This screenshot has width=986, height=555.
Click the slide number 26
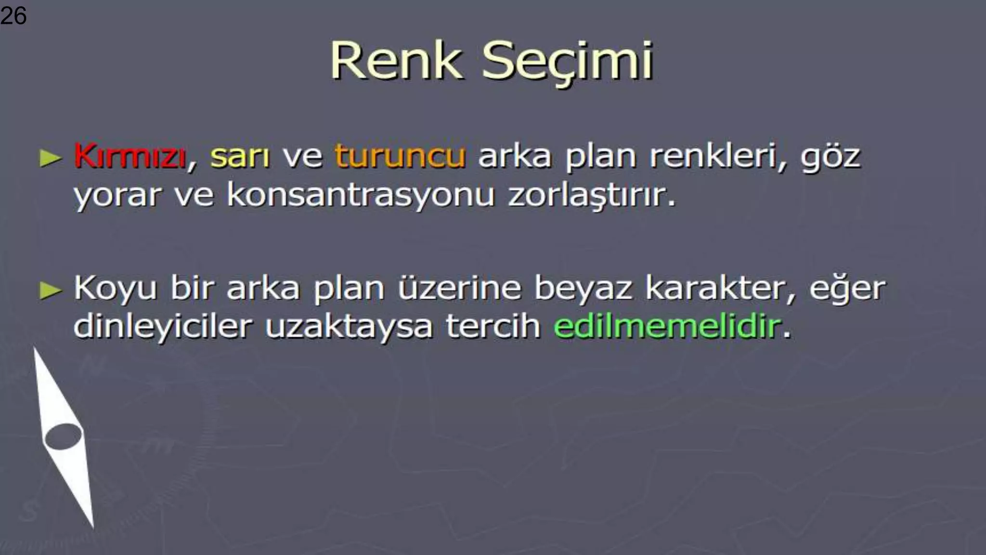point(13,16)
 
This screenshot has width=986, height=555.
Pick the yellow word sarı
point(240,157)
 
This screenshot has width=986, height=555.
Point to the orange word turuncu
point(400,157)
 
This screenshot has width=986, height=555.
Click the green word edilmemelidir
point(667,327)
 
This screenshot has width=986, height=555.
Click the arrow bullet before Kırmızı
point(51,158)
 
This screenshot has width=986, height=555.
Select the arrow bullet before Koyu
point(51,291)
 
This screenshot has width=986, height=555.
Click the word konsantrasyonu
point(361,195)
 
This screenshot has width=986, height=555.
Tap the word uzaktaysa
point(349,327)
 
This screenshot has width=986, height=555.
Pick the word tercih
point(493,326)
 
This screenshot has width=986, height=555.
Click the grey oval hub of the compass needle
point(63,436)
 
